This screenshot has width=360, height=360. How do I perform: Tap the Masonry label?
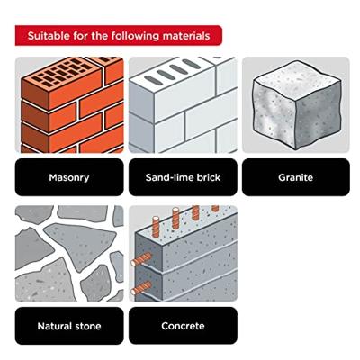tap(69, 177)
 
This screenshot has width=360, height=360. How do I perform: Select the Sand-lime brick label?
tap(183, 177)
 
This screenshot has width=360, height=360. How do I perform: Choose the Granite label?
tap(296, 177)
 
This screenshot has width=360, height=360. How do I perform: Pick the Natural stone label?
tap(69, 326)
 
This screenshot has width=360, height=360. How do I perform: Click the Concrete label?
tap(183, 326)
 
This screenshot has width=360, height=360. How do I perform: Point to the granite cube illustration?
tap(297, 105)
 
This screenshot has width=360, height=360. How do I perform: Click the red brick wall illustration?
tap(72, 105)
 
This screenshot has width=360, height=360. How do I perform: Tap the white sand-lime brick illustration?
tap(183, 105)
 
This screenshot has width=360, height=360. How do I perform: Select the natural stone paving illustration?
tap(69, 254)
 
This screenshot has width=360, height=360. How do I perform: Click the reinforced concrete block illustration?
tap(183, 254)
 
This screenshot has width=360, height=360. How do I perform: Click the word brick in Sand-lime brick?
tap(209, 177)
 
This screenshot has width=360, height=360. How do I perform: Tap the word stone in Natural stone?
tap(87, 326)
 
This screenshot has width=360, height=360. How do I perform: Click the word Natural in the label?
tap(54, 326)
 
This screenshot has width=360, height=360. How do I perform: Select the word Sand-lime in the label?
tap(170, 177)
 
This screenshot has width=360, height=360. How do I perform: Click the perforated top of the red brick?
tap(65, 72)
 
